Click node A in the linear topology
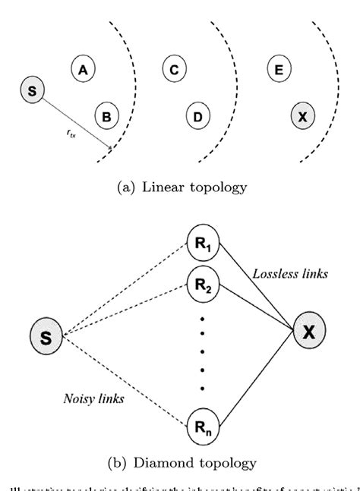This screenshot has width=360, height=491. click(x=82, y=70)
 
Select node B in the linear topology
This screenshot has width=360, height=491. click(x=106, y=116)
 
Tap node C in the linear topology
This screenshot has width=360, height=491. click(x=174, y=70)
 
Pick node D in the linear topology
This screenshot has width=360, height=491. click(x=197, y=116)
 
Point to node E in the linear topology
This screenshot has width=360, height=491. click(x=279, y=70)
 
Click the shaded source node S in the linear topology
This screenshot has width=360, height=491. click(x=31, y=91)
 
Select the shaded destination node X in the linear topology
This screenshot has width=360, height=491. click(x=302, y=116)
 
